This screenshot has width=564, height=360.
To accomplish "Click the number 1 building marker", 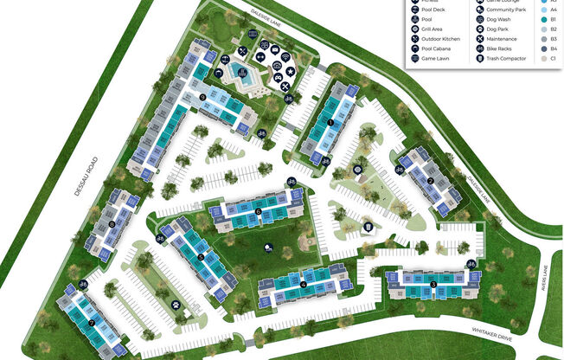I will pyautogui.click(x=330, y=123).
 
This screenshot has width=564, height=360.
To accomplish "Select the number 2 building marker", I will pyautogui.click(x=430, y=181).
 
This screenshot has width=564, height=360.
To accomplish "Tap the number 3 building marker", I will pyautogui.click(x=433, y=283).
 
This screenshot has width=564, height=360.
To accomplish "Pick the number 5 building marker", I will pyautogui.click(x=200, y=256).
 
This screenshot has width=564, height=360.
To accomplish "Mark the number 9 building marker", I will pyautogui.click(x=202, y=97).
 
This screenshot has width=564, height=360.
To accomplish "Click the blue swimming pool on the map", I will pyautogui.click(x=241, y=77).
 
